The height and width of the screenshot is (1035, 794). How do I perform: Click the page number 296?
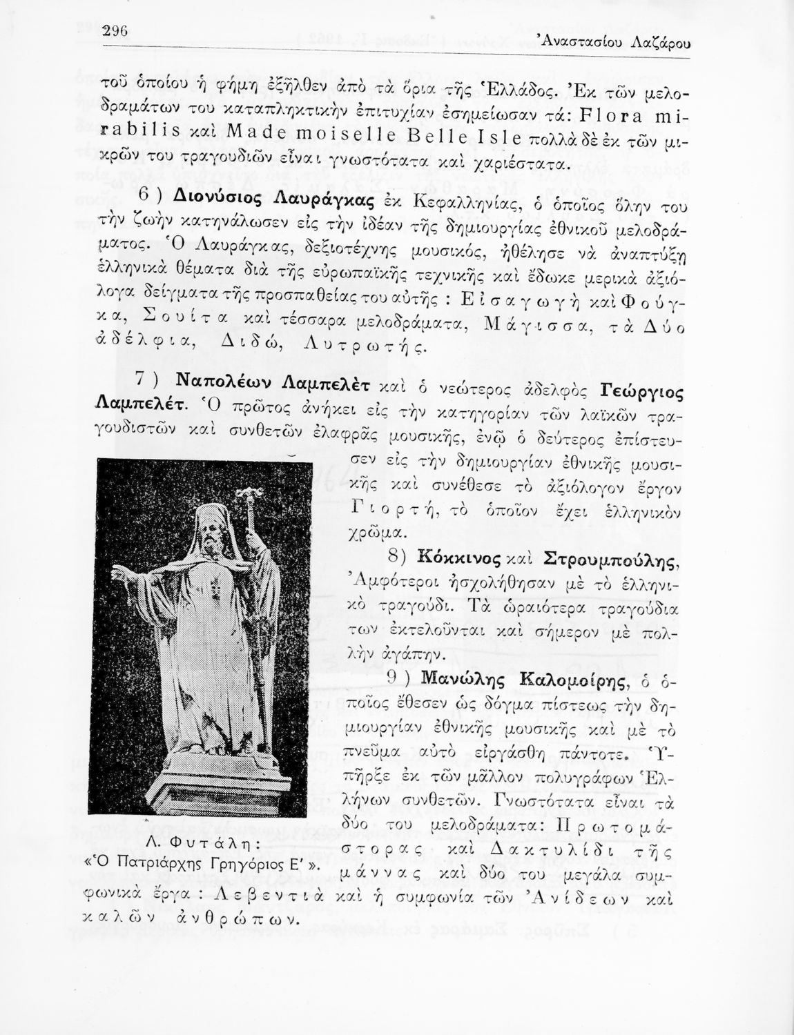tap(116, 31)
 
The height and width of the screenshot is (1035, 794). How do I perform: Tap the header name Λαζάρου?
tap(661, 43)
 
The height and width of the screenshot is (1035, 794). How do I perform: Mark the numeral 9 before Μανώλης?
tap(393, 678)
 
